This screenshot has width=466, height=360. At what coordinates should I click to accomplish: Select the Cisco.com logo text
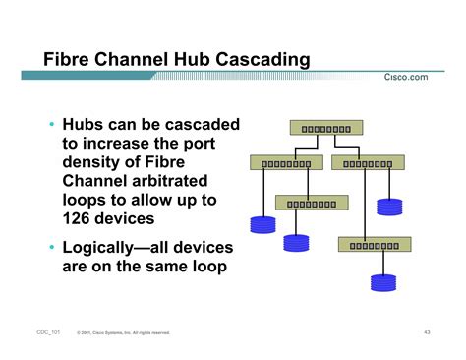(x=405, y=78)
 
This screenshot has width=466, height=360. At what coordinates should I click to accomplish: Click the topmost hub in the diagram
(x=326, y=128)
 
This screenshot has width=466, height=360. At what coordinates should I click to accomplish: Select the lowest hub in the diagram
(x=375, y=244)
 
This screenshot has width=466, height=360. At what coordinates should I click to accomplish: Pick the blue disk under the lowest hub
(x=381, y=282)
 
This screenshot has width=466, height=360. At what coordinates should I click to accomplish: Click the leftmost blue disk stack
(x=262, y=224)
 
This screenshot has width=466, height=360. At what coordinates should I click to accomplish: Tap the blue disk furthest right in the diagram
(x=390, y=208)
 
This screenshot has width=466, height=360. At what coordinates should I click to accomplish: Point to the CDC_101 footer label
(x=48, y=332)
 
